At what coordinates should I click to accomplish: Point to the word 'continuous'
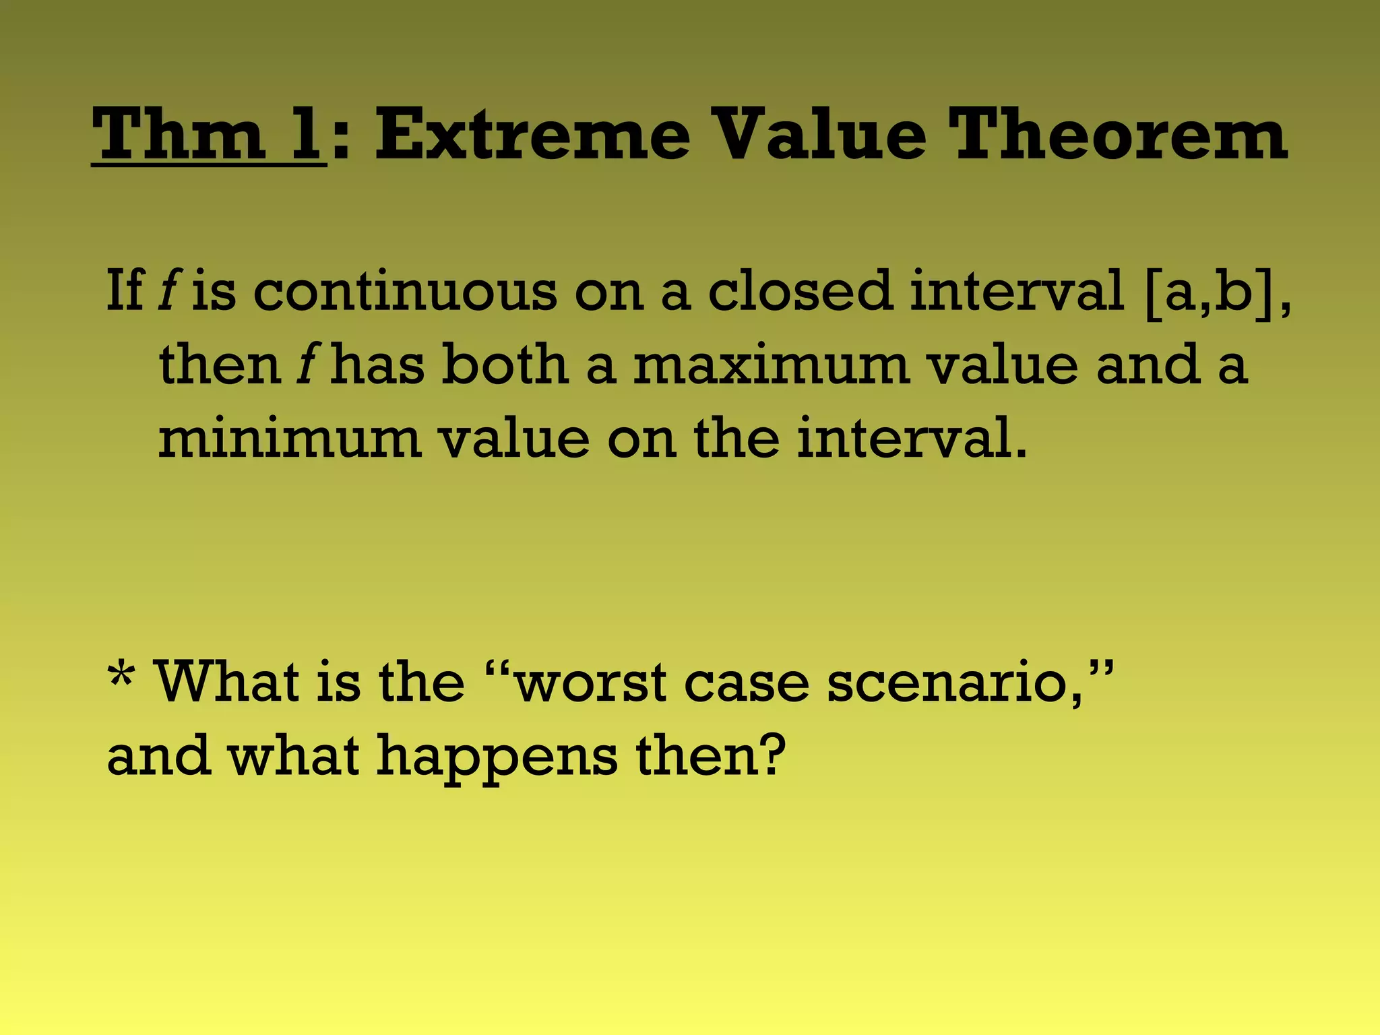(x=405, y=291)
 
